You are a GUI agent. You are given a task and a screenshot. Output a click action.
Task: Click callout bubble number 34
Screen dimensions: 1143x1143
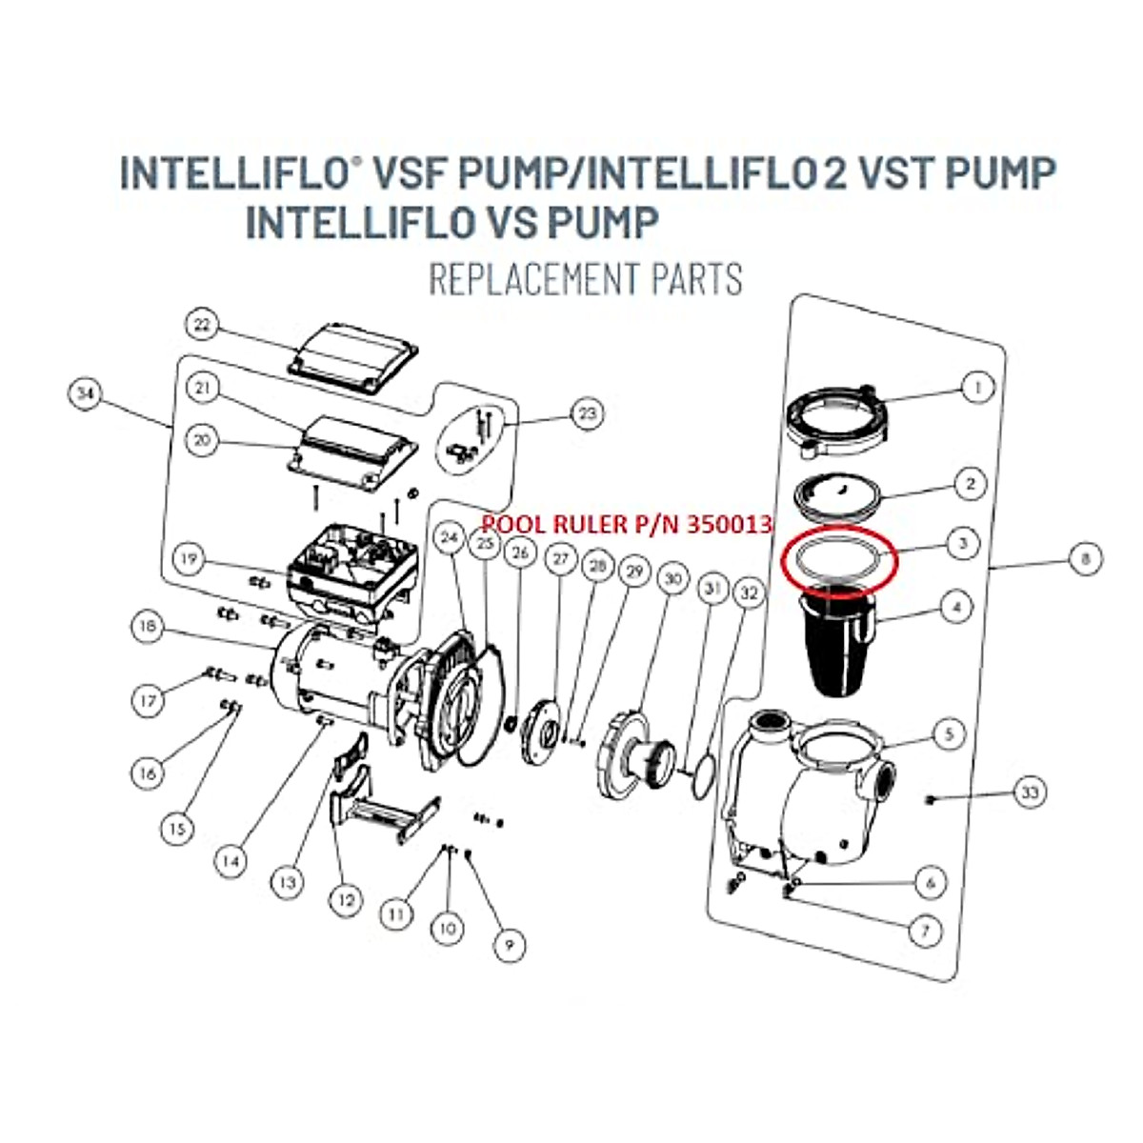(x=88, y=395)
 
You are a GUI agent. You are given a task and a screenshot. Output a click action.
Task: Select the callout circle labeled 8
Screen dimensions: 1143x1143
(x=1085, y=559)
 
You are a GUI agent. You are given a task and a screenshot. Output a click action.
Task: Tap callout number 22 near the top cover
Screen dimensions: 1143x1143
(x=202, y=325)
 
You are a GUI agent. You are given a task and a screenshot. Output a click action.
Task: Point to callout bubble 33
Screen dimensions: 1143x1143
(x=1030, y=792)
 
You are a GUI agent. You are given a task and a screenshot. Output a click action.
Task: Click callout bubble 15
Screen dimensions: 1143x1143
(x=176, y=830)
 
